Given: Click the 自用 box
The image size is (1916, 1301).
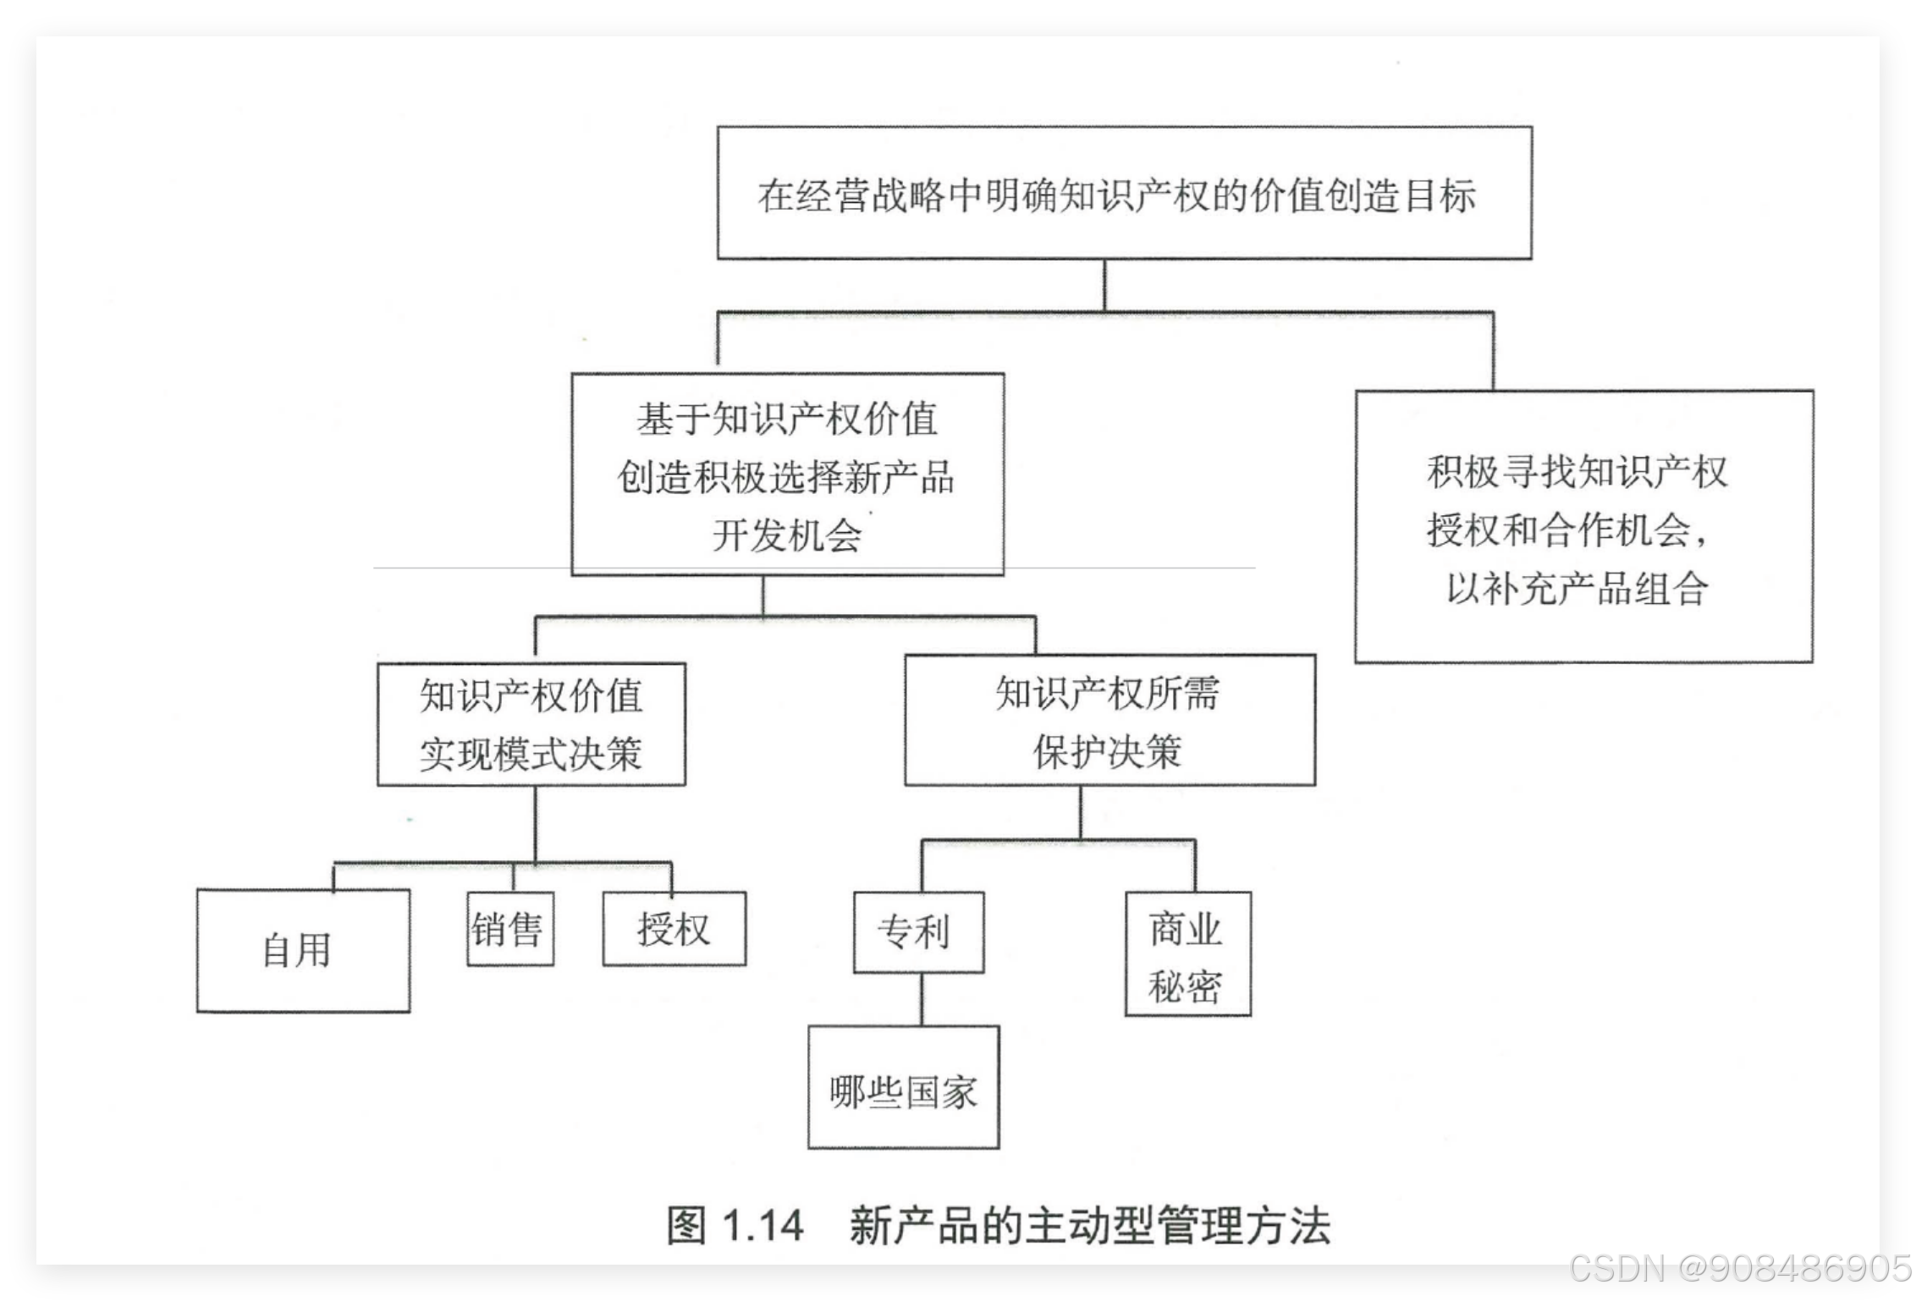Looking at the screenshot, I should (303, 950).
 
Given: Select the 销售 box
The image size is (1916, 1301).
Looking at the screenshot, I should (510, 929).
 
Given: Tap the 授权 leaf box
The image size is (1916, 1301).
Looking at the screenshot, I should (674, 929).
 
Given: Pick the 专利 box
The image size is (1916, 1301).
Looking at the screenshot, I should (918, 932).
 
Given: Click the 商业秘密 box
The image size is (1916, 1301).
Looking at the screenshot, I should (1187, 953).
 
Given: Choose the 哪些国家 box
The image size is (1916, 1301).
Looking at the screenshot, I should (903, 1088).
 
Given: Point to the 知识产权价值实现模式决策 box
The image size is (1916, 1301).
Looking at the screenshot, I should (531, 724).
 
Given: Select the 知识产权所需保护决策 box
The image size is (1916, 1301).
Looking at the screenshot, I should (1109, 721).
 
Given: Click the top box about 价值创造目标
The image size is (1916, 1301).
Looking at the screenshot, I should (1124, 193).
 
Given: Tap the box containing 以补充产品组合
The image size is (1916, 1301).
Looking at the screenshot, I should (1583, 526).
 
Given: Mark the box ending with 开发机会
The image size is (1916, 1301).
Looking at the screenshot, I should (787, 475).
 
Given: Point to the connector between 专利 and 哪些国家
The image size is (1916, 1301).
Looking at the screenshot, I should (921, 999).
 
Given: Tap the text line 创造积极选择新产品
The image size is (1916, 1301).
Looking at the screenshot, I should (785, 477).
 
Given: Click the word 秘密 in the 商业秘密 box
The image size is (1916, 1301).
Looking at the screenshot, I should (1186, 986).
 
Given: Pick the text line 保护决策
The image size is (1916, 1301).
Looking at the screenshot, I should (1107, 751).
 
